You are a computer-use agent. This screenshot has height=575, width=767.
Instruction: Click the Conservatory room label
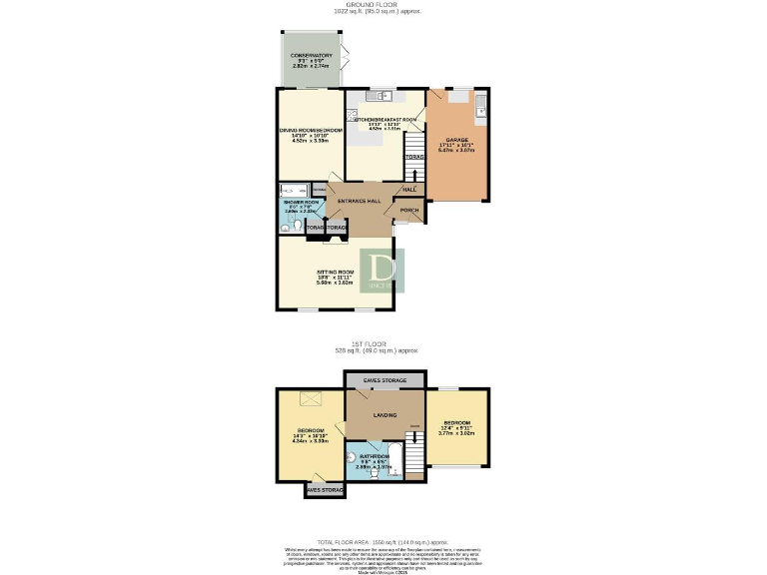pos(311,56)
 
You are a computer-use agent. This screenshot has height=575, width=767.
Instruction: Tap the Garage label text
pos(457,140)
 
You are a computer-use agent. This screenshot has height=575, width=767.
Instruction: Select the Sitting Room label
pos(336,272)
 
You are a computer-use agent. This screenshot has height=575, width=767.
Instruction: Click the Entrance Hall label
pos(360,201)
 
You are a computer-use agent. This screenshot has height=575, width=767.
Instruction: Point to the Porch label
pos(409,211)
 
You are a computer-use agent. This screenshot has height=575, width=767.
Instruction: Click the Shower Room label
pos(300,203)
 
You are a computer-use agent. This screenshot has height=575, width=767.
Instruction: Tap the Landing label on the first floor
pos(384,414)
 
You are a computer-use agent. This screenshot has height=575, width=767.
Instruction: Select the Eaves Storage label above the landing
pos(384,380)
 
